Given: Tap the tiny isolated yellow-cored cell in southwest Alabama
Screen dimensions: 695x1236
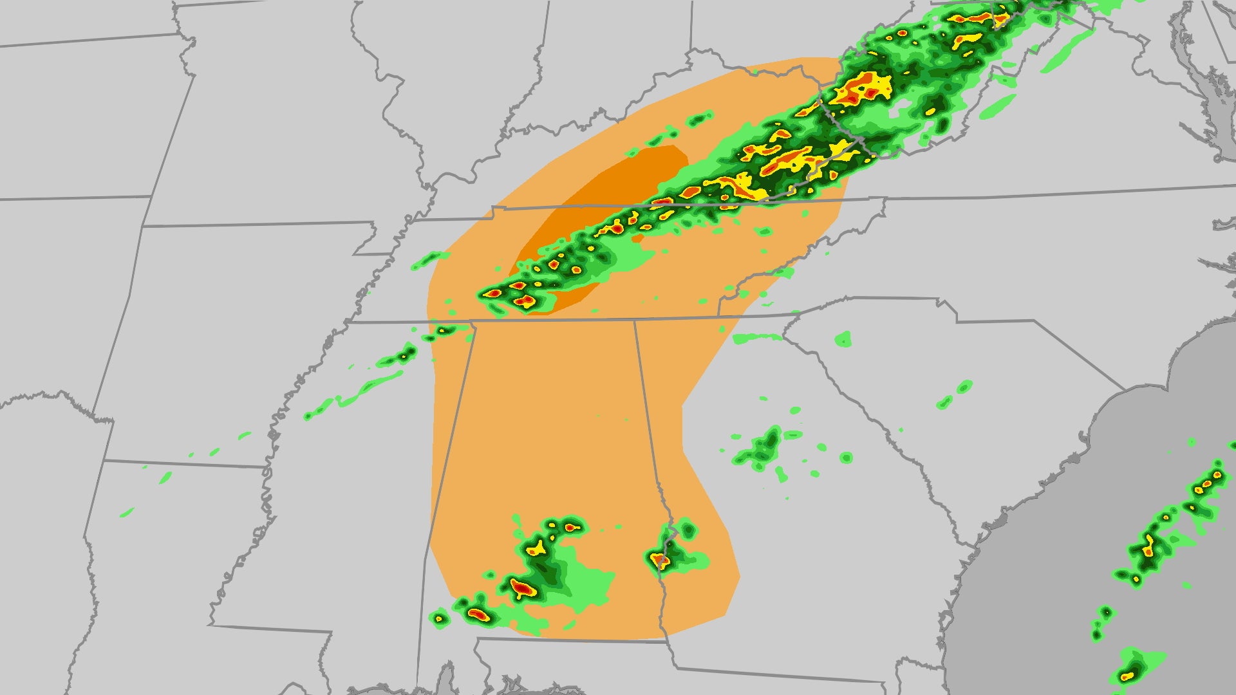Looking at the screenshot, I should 439,618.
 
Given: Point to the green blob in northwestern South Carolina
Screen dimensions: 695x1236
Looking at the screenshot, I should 843,338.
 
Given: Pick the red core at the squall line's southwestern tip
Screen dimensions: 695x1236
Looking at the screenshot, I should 493,293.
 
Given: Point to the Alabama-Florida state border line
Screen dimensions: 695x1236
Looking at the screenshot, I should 566,640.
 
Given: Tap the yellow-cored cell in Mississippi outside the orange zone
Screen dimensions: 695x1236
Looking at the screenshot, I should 406,353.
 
